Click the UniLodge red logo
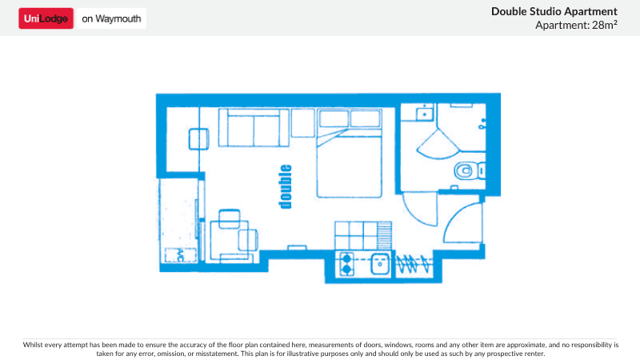(x=46, y=18)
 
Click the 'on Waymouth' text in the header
(x=111, y=18)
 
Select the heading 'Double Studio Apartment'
(x=554, y=11)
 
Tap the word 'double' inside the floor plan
(x=286, y=186)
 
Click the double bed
(x=350, y=160)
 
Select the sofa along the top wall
(x=253, y=128)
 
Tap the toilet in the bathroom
(x=465, y=170)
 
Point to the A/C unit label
(x=179, y=254)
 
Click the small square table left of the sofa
(x=200, y=139)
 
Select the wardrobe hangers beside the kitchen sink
(x=414, y=262)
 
